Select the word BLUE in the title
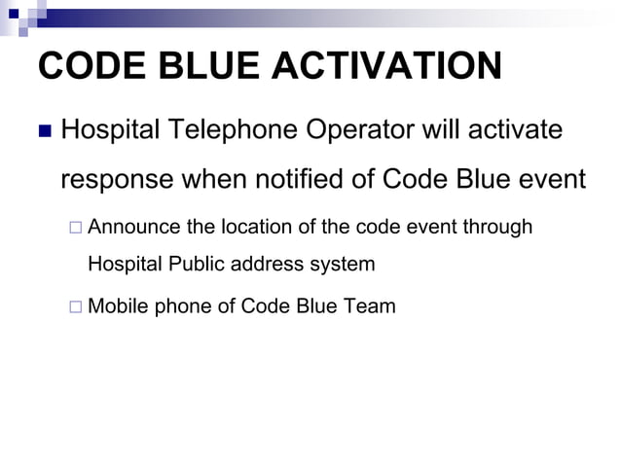193,67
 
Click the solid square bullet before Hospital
43,130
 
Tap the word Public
197,264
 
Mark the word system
341,265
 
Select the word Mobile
117,307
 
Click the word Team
371,307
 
